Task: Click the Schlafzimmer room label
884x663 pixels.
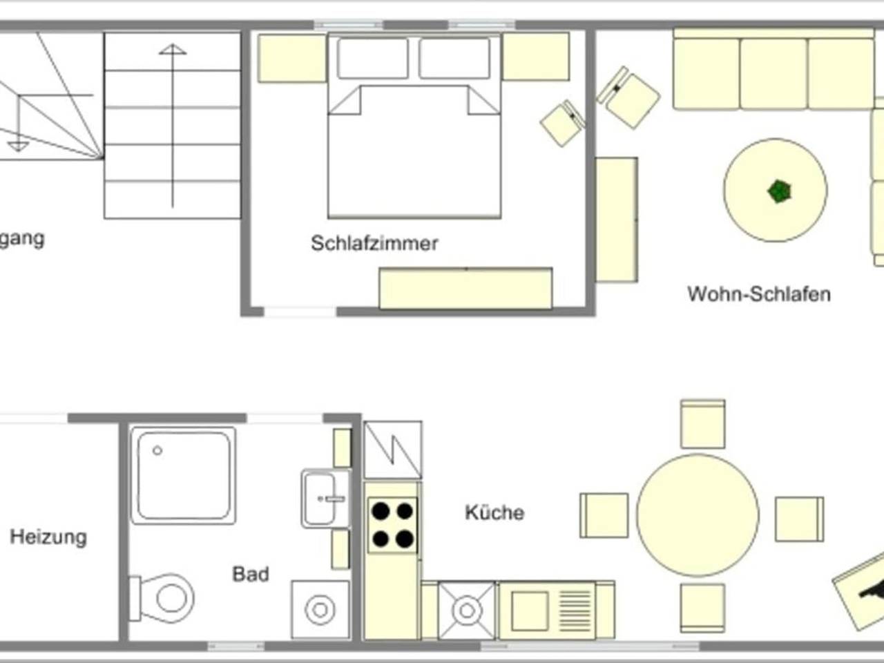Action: [x=374, y=243]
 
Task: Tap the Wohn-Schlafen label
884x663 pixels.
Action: [x=758, y=294]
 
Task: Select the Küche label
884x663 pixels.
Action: [x=494, y=512]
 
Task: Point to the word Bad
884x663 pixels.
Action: [x=250, y=574]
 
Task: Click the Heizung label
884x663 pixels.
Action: [x=48, y=537]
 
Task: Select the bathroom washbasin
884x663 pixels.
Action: [x=325, y=498]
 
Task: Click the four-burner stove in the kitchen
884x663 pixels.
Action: [x=392, y=525]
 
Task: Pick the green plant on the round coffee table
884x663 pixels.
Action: [x=779, y=191]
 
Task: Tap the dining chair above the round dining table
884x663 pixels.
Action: [x=702, y=423]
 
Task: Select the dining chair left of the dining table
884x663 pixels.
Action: [x=604, y=515]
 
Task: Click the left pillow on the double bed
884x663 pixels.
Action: [x=373, y=58]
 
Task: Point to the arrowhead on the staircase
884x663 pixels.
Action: [x=172, y=50]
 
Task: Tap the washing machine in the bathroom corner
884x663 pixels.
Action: [x=320, y=610]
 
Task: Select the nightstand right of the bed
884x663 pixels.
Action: [x=536, y=57]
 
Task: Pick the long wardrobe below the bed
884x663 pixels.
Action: [x=465, y=289]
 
